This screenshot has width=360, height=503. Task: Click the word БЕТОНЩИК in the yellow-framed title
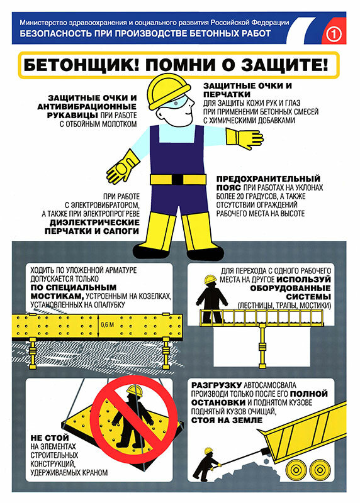[77, 65]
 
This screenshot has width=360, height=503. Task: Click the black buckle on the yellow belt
[178, 180]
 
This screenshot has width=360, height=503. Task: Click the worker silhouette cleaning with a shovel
[205, 462]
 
